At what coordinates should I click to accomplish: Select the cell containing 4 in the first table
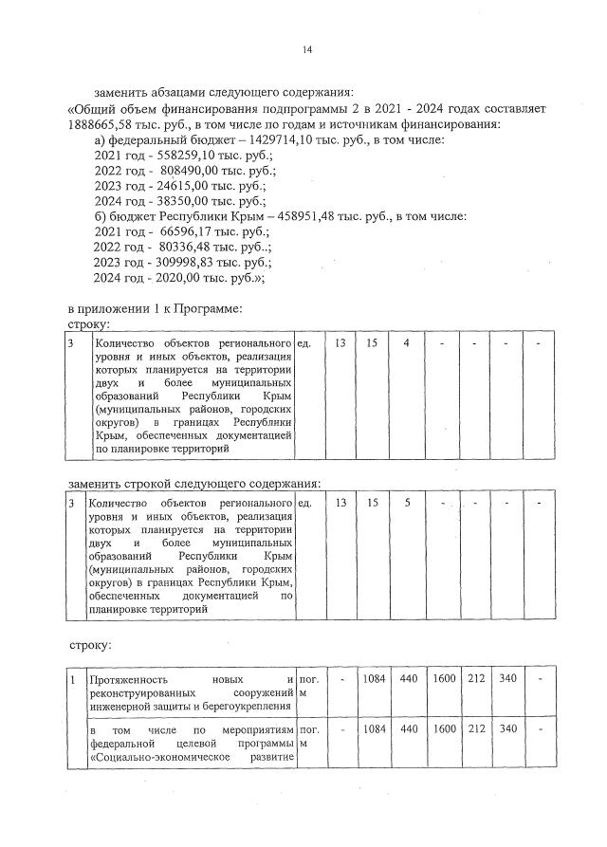point(406,342)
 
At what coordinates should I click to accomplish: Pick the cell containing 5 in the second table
point(407,503)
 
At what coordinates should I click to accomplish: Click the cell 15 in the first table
point(372,342)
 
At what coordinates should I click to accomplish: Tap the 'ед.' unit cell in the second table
point(304,503)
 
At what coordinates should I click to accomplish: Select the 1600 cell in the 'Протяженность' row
point(444,680)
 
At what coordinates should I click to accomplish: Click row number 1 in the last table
point(73,680)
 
